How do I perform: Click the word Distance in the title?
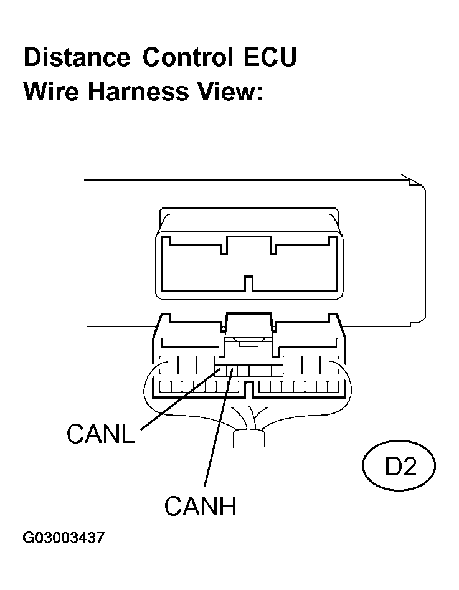click(77, 57)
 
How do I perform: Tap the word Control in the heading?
click(187, 57)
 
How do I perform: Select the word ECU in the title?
click(270, 57)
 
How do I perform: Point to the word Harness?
click(138, 91)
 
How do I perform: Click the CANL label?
click(100, 433)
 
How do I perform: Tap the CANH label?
click(200, 505)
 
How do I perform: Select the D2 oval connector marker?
click(399, 465)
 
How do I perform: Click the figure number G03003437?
click(64, 537)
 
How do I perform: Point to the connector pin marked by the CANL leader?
click(220, 371)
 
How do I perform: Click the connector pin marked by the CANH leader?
click(232, 371)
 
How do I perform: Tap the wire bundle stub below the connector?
click(248, 438)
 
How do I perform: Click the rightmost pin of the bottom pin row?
click(333, 386)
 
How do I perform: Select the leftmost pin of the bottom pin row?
click(165, 386)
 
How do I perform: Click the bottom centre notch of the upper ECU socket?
click(248, 283)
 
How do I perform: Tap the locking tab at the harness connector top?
click(248, 327)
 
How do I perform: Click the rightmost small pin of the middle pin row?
click(277, 371)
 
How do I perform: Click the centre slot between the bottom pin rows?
click(248, 389)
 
